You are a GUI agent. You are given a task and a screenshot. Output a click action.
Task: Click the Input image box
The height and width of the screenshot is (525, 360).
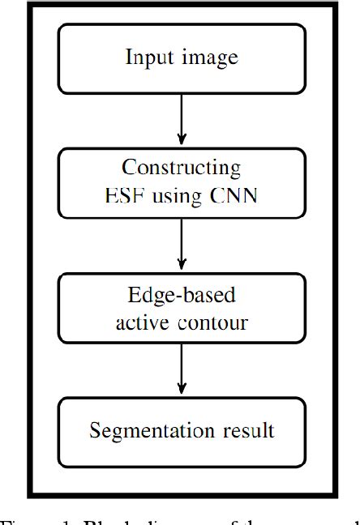tap(181, 58)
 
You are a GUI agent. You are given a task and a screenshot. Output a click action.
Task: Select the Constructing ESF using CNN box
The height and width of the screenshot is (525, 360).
tap(181, 182)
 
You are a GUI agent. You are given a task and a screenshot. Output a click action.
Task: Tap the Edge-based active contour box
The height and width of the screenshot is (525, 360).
tap(181, 308)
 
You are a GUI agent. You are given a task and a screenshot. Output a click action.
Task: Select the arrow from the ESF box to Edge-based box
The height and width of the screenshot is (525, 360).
tap(181, 245)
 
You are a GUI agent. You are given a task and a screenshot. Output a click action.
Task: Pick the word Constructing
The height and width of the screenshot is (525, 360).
tap(181, 169)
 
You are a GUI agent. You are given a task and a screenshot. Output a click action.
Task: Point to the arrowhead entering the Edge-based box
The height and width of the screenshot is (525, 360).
tap(181, 265)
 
